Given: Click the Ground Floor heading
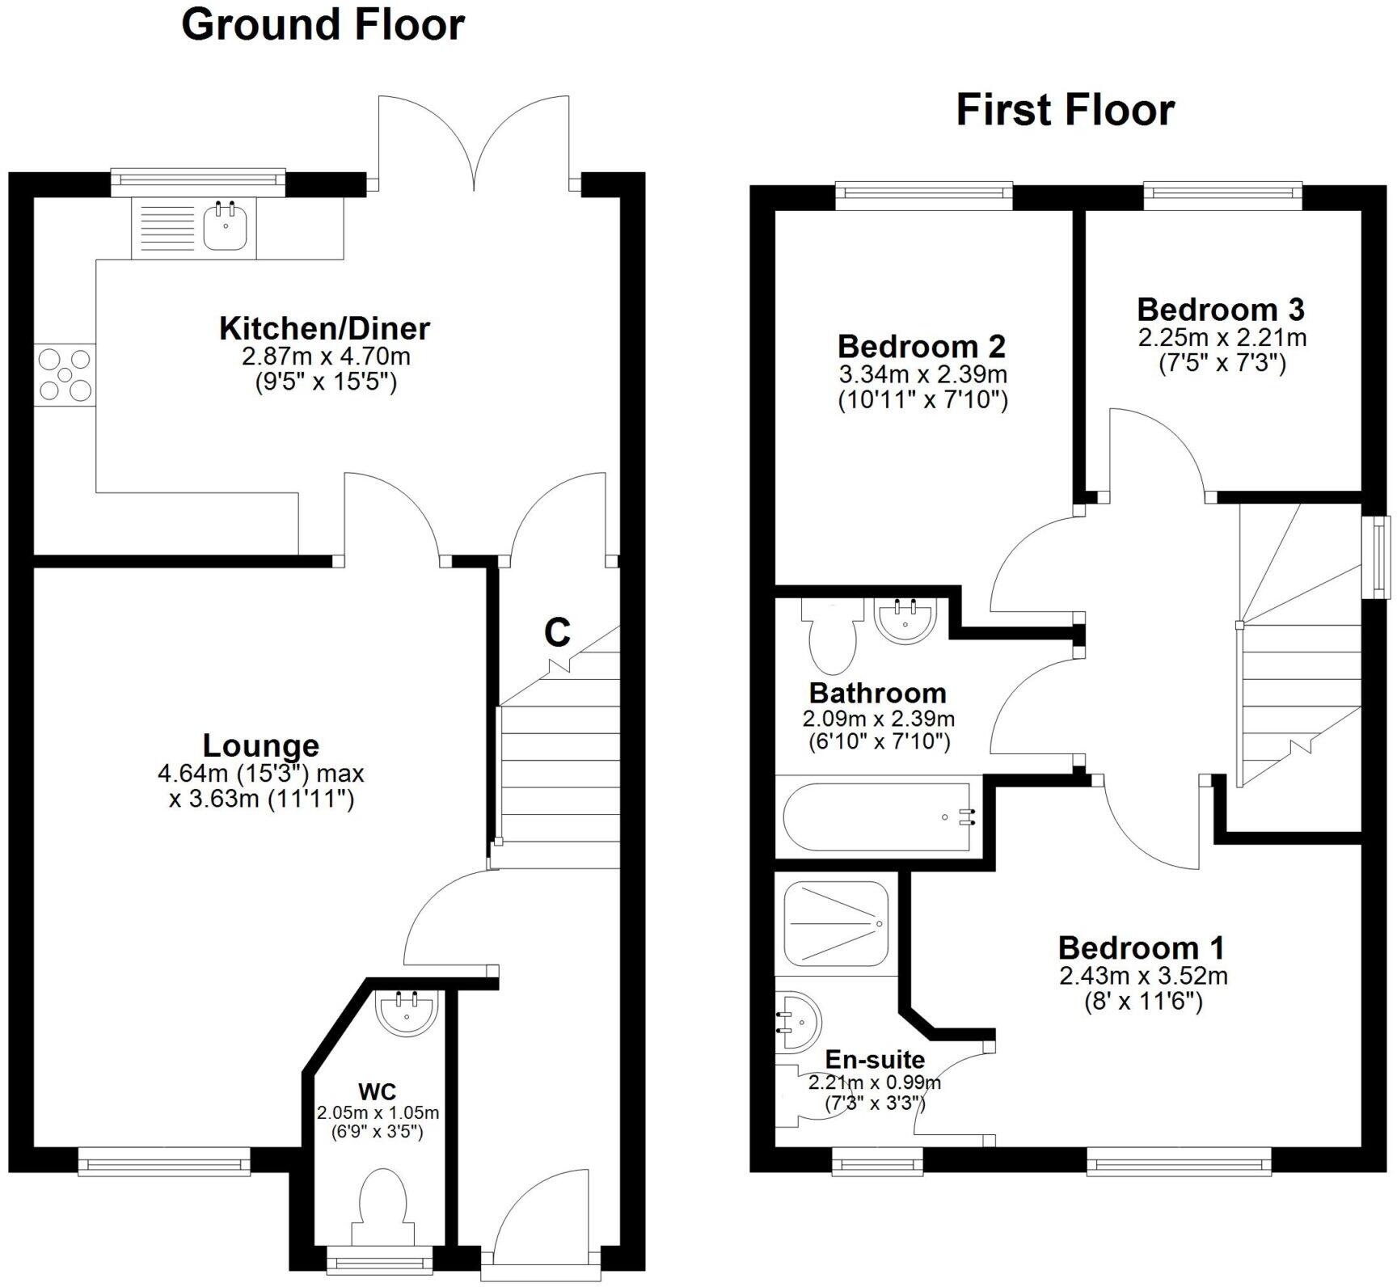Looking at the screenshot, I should click(x=323, y=25).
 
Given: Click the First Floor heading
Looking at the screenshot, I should click(x=1065, y=110).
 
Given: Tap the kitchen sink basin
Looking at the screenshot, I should click(x=226, y=226).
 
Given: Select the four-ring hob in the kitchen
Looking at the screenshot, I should click(x=65, y=374).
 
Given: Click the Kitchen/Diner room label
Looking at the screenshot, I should click(x=324, y=328).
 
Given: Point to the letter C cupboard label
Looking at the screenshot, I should click(x=557, y=632).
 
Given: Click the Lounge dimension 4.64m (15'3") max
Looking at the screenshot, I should click(x=260, y=774).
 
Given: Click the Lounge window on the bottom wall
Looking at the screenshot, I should click(x=164, y=1164).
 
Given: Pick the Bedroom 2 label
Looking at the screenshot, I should click(x=921, y=346).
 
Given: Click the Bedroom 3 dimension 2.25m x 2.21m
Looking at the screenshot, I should click(x=1222, y=337).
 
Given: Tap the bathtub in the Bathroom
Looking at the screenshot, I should click(x=877, y=817).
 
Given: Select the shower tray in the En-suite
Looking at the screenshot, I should click(x=836, y=923).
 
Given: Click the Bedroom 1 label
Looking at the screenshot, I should click(x=1141, y=947).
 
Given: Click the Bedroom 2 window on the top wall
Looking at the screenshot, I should click(x=923, y=192).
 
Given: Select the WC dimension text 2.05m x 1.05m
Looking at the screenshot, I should click(x=378, y=1114).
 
